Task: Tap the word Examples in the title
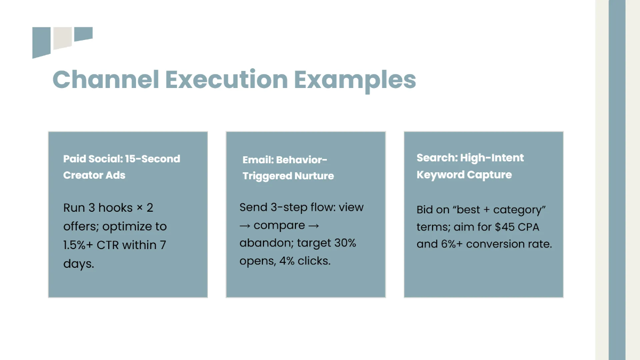[x=355, y=80]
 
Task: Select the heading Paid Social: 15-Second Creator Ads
[x=122, y=167]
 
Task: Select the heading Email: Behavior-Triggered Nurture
[x=288, y=168]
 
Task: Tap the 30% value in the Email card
[x=345, y=243]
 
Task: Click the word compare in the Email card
[x=279, y=226]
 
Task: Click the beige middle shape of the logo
[x=62, y=37]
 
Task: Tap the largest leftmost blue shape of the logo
[x=41, y=42]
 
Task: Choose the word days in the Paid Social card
[x=78, y=264]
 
